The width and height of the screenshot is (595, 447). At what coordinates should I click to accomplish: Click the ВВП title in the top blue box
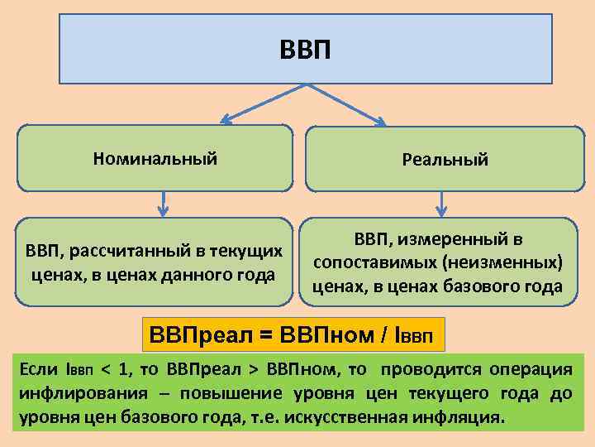point(305,50)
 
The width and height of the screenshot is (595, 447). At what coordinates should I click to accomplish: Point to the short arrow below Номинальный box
point(164,202)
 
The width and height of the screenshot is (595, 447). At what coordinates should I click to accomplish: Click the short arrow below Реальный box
point(443,202)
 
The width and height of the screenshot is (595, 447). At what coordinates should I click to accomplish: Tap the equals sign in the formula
point(264,335)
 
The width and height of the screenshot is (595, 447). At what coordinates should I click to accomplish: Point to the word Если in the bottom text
point(38,368)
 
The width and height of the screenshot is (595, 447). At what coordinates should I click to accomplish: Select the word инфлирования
point(76,392)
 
